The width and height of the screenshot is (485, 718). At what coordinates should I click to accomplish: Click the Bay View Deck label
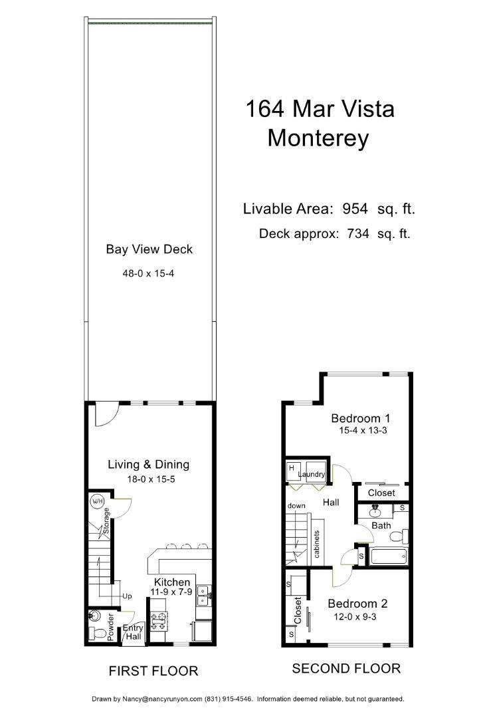tap(149, 249)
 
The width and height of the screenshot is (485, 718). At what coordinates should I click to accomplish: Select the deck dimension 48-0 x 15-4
tap(149, 273)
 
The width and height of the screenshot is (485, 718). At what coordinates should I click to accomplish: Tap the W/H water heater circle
tap(97, 501)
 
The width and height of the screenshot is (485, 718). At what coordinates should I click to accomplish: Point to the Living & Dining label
tap(149, 465)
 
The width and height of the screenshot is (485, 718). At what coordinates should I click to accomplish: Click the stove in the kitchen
tap(159, 621)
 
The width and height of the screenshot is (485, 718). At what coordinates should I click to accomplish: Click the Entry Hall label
tap(133, 632)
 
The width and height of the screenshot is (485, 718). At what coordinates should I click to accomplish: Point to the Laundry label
tap(312, 474)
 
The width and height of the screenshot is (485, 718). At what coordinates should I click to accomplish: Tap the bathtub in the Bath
tap(389, 556)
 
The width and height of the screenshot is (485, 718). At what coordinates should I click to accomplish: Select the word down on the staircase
tap(296, 506)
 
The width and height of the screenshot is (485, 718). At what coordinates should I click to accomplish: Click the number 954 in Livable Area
tap(355, 209)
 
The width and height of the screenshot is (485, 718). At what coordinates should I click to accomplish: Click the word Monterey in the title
tap(318, 138)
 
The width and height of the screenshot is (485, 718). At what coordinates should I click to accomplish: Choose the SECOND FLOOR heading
tap(346, 668)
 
